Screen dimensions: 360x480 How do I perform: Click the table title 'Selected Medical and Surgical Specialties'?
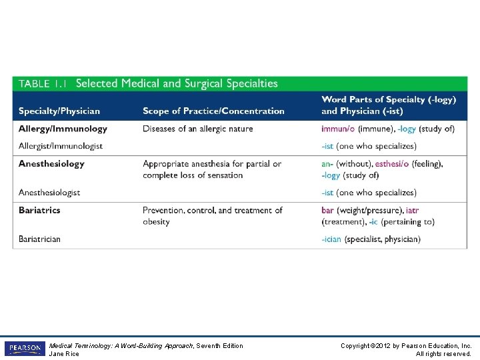pos(177,84)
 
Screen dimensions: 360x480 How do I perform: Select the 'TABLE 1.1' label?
pos(43,84)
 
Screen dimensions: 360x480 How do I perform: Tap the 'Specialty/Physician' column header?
pos(59,111)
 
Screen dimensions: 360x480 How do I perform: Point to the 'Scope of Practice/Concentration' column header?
pos(213,111)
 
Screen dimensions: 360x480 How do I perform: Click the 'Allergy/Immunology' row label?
pos(63,129)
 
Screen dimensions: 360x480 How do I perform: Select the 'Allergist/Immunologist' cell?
pos(61,146)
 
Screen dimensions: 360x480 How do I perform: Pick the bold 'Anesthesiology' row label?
pos(51,164)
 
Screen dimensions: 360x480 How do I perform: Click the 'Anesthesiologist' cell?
pos(49,193)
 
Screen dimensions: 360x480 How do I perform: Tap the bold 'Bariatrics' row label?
pos(39,210)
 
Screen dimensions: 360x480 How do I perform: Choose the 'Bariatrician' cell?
pos(39,239)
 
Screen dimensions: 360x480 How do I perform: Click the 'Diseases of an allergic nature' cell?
pos(198,129)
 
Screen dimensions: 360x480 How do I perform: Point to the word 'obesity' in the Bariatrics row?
pos(156,221)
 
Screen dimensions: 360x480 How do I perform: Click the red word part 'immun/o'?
pos(338,129)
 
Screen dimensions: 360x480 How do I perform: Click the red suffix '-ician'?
pos(332,239)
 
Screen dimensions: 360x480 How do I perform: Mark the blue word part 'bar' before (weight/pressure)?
pos(328,210)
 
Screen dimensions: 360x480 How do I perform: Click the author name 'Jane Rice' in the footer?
pos(64,353)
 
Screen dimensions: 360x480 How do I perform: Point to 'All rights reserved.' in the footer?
pos(443,353)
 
